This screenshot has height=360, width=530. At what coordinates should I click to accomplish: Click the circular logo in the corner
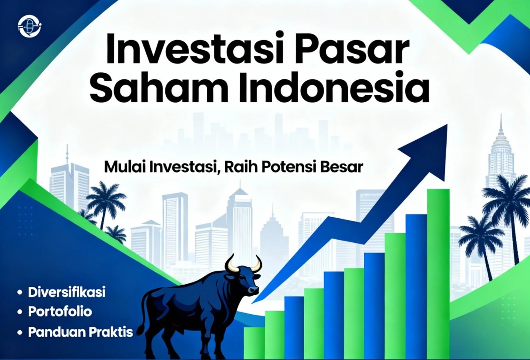(30, 26)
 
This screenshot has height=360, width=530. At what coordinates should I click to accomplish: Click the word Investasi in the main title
(190, 51)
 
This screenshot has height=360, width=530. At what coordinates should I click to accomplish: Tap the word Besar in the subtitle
(342, 167)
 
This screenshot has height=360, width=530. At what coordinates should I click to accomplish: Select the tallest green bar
(438, 274)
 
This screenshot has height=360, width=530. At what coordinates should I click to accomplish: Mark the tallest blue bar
(416, 287)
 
